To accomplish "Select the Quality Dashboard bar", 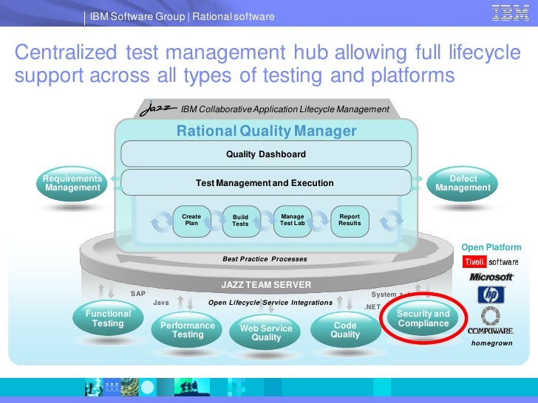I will [x=265, y=154].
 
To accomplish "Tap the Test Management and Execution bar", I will [x=265, y=182].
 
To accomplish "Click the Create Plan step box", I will [x=191, y=220].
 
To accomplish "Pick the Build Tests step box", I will [x=241, y=220].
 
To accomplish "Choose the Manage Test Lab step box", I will [x=292, y=220].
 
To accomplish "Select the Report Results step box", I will [x=350, y=220].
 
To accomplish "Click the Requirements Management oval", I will [x=72, y=184].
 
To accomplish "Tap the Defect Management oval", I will [x=463, y=184].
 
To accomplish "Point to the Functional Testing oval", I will [x=108, y=320].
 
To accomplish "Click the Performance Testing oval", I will [x=188, y=330].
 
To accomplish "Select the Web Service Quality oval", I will [x=266, y=333].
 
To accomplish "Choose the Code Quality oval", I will [x=345, y=330].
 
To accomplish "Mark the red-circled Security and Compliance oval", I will [x=423, y=319].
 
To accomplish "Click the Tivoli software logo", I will [x=491, y=262].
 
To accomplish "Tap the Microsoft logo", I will [x=491, y=278].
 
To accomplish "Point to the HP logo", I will [x=491, y=295].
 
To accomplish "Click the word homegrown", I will [x=491, y=343].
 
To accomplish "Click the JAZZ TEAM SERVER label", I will [x=266, y=284].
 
